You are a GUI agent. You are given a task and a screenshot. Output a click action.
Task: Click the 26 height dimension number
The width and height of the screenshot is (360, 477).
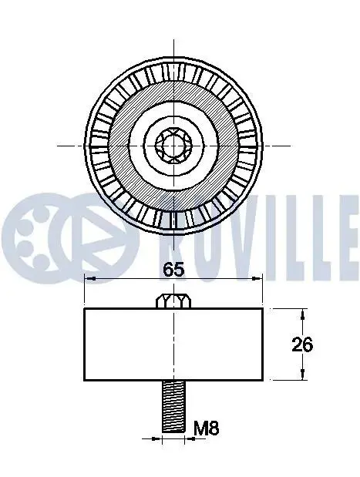(x=302, y=344)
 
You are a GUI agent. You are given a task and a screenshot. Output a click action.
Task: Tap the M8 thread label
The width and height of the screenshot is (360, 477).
(x=207, y=428)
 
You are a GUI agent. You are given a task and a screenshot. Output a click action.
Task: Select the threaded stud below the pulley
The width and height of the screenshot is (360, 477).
(x=173, y=406)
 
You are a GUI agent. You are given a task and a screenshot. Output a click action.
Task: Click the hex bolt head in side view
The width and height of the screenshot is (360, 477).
(x=173, y=301)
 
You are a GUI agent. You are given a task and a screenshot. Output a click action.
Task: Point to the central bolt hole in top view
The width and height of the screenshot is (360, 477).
(x=173, y=146)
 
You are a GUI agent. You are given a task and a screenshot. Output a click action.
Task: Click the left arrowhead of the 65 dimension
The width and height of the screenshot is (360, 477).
(x=90, y=278)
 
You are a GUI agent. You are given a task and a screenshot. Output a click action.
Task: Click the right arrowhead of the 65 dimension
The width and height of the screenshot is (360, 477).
(x=257, y=278)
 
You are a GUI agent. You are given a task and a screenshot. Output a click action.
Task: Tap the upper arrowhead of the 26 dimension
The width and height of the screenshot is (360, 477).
(x=302, y=314)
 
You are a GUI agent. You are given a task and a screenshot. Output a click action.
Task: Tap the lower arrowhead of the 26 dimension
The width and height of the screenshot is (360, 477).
(x=302, y=375)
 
